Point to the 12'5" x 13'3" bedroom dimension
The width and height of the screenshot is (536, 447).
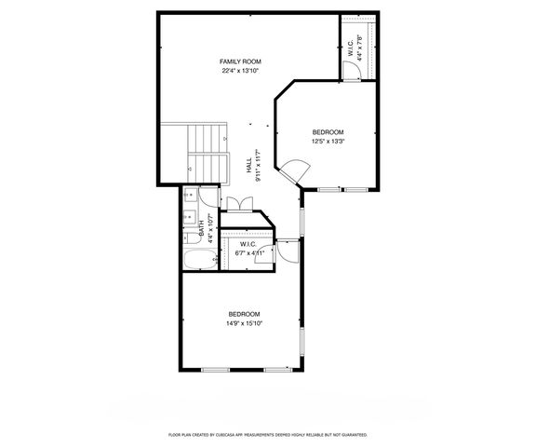328,142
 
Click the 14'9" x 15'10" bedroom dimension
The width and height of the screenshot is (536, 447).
244,324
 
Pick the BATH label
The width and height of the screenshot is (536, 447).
202,228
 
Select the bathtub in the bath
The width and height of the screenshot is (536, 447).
198,259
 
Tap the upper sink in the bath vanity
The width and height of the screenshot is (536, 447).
188,196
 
